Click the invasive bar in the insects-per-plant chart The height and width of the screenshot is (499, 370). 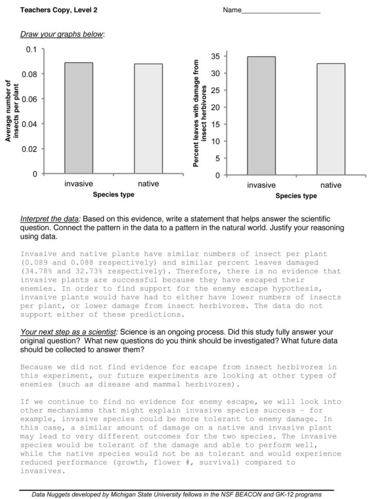point(79,118)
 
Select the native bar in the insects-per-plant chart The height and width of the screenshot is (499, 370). point(148,119)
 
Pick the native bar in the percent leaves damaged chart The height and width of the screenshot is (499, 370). point(330,119)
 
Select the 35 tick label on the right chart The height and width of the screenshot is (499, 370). point(216,56)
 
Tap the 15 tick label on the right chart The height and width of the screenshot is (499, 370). point(216,124)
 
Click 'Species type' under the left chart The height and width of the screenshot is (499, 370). point(113,194)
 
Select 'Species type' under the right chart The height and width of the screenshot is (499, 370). point(296,196)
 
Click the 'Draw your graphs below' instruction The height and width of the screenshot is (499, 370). point(62,34)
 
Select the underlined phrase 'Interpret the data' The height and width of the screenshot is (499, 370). point(50,219)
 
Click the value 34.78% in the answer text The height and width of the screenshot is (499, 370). point(35,270)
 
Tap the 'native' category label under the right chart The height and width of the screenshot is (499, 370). point(330,185)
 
